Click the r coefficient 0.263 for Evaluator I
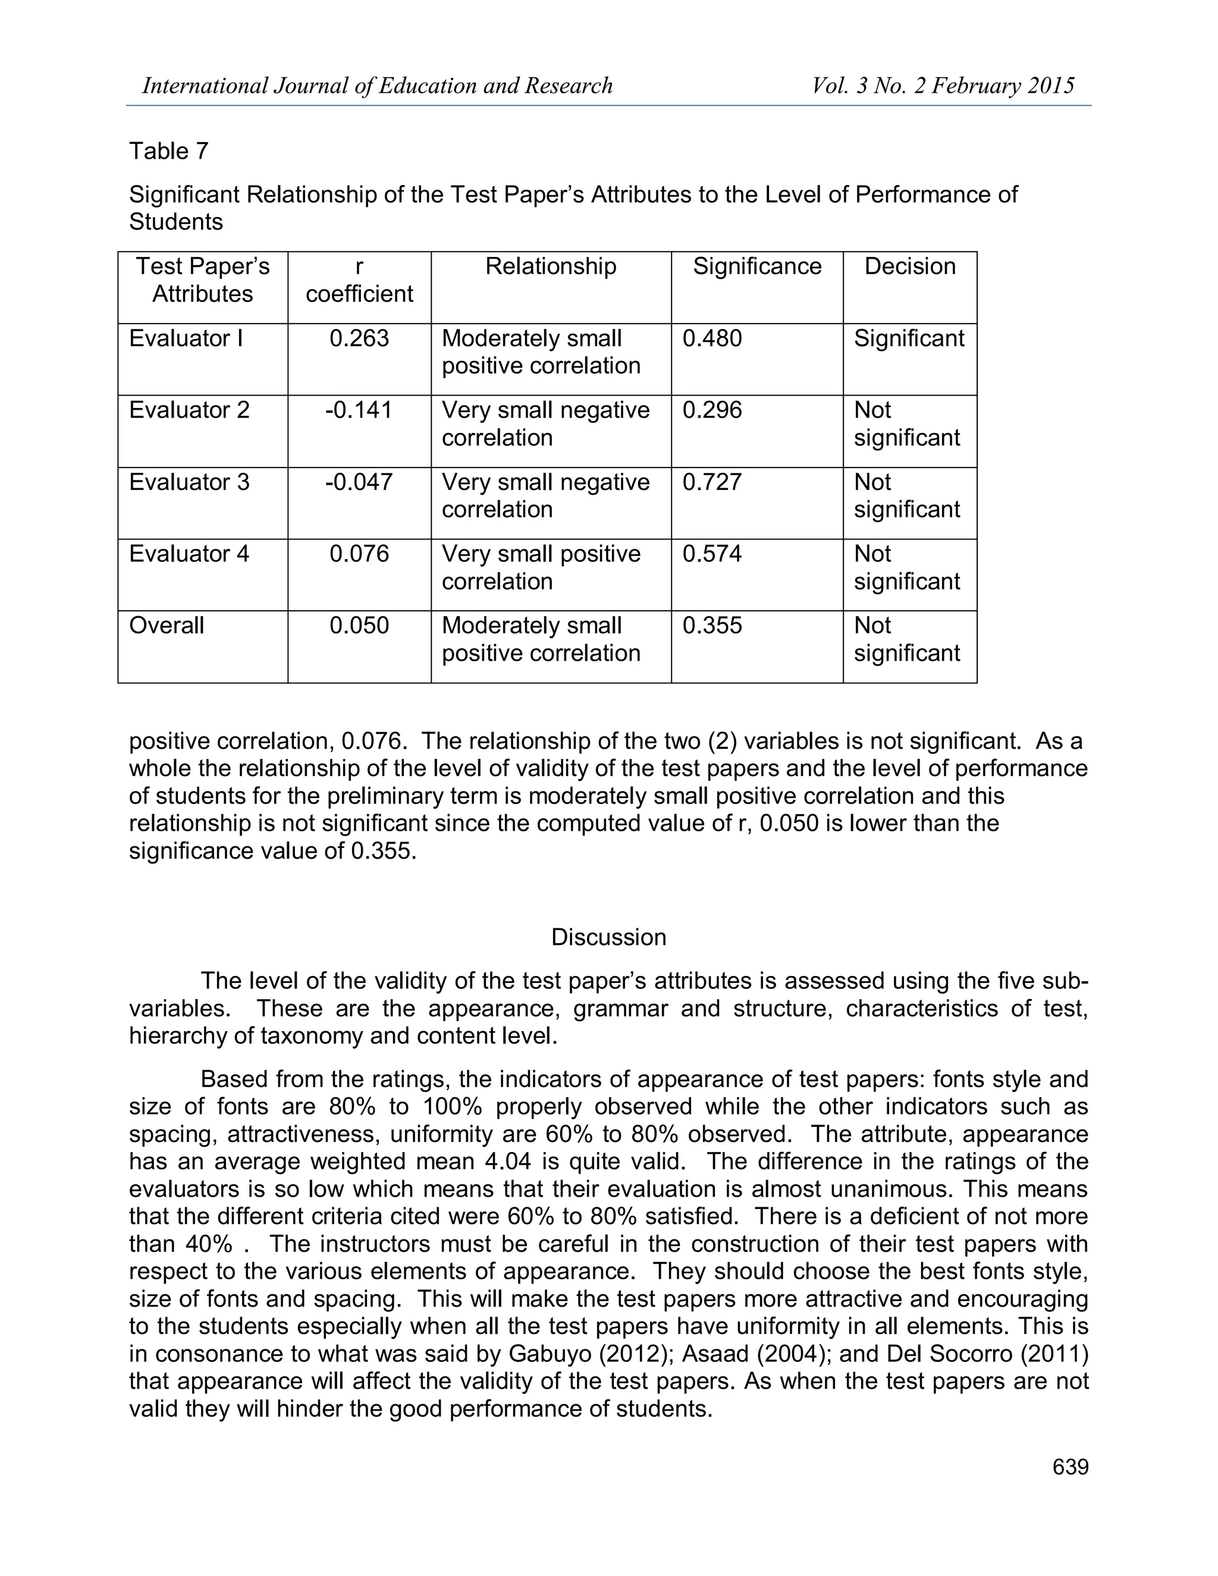pyautogui.click(x=359, y=338)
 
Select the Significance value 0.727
pyautogui.click(x=711, y=482)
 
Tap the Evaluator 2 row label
pyautogui.click(x=189, y=410)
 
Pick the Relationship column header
pyautogui.click(x=551, y=266)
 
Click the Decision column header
pyautogui.click(x=909, y=266)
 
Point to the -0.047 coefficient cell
pyautogui.click(x=359, y=482)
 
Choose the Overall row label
pyautogui.click(x=167, y=626)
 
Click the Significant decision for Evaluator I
pyautogui.click(x=909, y=338)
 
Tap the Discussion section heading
pyautogui.click(x=608, y=937)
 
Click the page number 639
pyautogui.click(x=1069, y=1467)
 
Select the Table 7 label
pyautogui.click(x=169, y=151)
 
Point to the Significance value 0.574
pyautogui.click(x=711, y=554)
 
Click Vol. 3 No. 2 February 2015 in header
pyautogui.click(x=943, y=86)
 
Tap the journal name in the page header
pyautogui.click(x=376, y=86)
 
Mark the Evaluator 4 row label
pyautogui.click(x=189, y=554)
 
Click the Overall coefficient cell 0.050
pyautogui.click(x=359, y=626)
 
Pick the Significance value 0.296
pyautogui.click(x=711, y=410)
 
